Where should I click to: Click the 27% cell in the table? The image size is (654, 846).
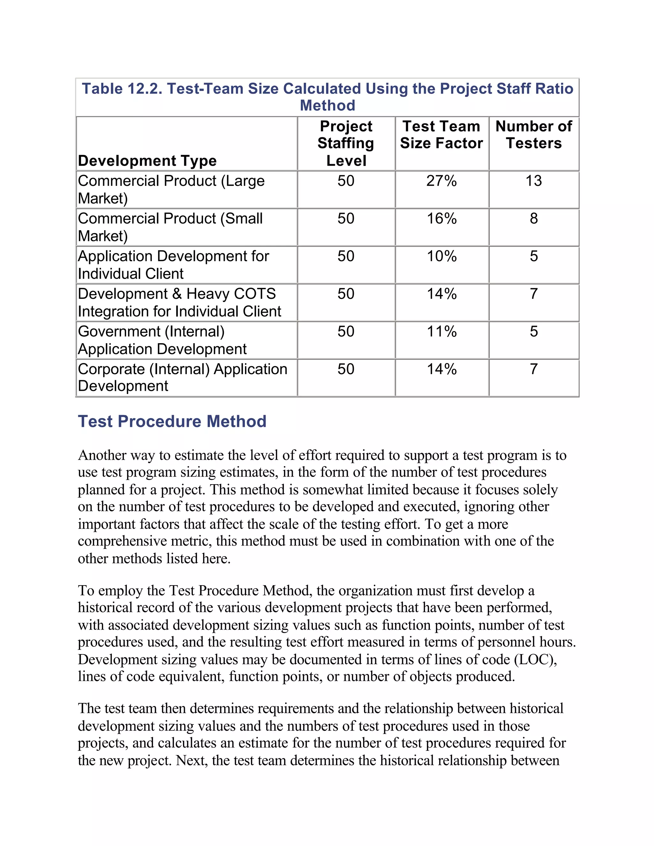pyautogui.click(x=441, y=181)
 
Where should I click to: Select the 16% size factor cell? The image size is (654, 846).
pyautogui.click(x=441, y=218)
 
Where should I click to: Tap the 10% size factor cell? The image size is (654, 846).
pyautogui.click(x=441, y=256)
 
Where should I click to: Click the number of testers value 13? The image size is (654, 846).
pyautogui.click(x=534, y=181)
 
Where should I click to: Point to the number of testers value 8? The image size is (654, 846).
pyautogui.click(x=534, y=218)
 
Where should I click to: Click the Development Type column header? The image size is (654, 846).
pyautogui.click(x=147, y=160)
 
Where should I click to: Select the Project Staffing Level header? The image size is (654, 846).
pyautogui.click(x=346, y=143)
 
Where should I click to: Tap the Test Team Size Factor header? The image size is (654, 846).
pyautogui.click(x=441, y=135)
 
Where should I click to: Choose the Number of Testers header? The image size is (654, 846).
pyautogui.click(x=534, y=135)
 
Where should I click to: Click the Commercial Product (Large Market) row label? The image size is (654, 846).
pyautogui.click(x=171, y=189)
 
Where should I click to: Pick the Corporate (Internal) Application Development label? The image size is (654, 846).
pyautogui.click(x=182, y=377)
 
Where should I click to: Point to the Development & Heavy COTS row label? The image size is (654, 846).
pyautogui.click(x=179, y=303)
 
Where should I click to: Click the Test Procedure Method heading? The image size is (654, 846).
pyautogui.click(x=172, y=421)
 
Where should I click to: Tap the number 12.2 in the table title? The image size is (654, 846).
pyautogui.click(x=144, y=89)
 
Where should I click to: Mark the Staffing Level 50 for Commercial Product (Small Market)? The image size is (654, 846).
pyautogui.click(x=346, y=218)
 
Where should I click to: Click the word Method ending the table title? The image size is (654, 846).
pyautogui.click(x=327, y=105)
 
